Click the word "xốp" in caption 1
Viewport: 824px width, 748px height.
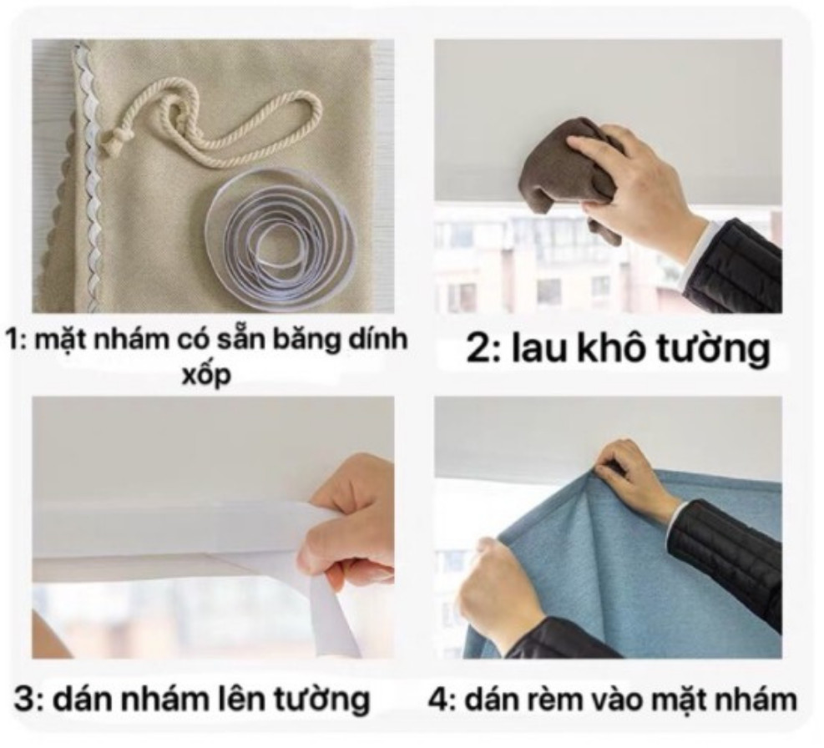point(206,377)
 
